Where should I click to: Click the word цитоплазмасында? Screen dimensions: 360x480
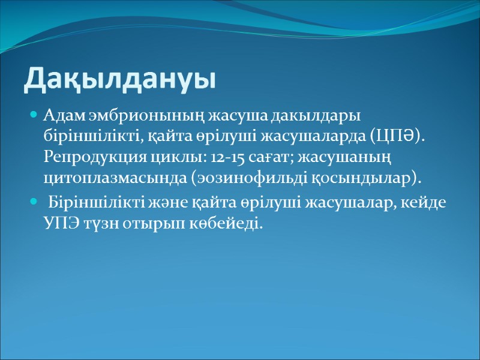click(x=97, y=179)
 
